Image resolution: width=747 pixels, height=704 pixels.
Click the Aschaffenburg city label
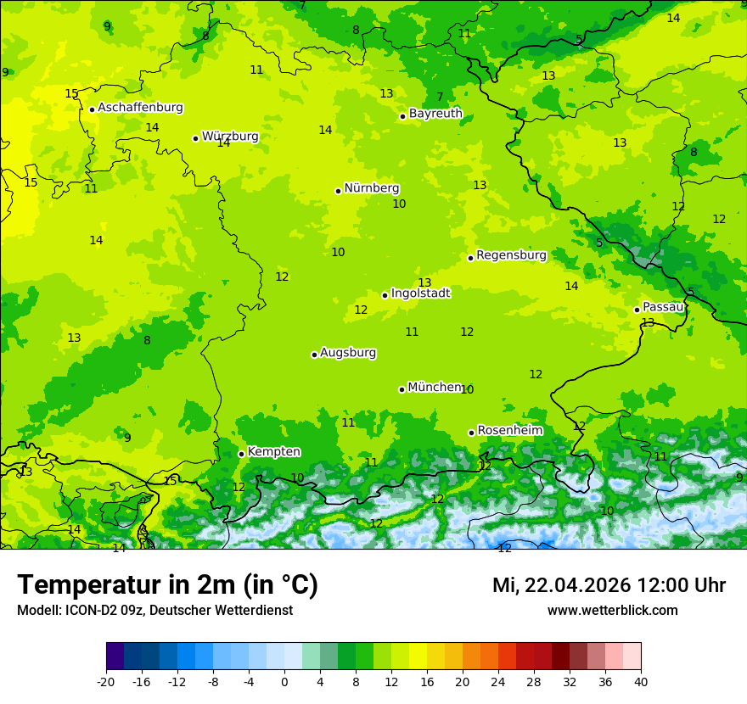pyautogui.click(x=140, y=108)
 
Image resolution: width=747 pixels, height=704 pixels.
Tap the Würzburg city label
pyautogui.click(x=230, y=137)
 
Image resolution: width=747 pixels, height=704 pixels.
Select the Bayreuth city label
pyautogui.click(x=435, y=114)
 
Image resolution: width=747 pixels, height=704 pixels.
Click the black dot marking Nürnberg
pyautogui.click(x=338, y=191)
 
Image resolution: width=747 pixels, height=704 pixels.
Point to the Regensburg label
pyautogui.click(x=511, y=255)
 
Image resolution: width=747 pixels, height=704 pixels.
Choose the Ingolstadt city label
pyautogui.click(x=420, y=293)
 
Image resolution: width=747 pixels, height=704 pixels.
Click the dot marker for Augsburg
pyautogui.click(x=314, y=355)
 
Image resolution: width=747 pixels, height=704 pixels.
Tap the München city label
pyautogui.click(x=435, y=388)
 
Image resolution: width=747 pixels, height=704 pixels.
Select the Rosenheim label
pyautogui.click(x=509, y=431)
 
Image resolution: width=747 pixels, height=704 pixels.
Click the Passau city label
pyautogui.click(x=663, y=307)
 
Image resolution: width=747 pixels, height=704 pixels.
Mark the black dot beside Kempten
pyautogui.click(x=241, y=454)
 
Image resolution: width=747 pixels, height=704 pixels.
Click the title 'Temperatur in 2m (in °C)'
pyautogui.click(x=168, y=585)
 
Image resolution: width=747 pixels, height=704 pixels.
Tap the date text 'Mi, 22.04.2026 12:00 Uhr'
pyautogui.click(x=609, y=585)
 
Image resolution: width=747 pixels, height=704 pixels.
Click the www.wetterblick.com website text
pyautogui.click(x=612, y=611)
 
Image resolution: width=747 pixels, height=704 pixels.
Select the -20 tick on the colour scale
pyautogui.click(x=106, y=682)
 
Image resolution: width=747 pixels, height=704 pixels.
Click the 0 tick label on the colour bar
pyautogui.click(x=284, y=682)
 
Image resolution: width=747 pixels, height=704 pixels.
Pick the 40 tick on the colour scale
pyautogui.click(x=640, y=682)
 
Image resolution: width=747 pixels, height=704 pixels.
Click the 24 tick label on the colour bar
pyautogui.click(x=497, y=682)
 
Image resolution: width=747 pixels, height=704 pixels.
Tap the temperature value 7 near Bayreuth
pyautogui.click(x=440, y=98)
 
